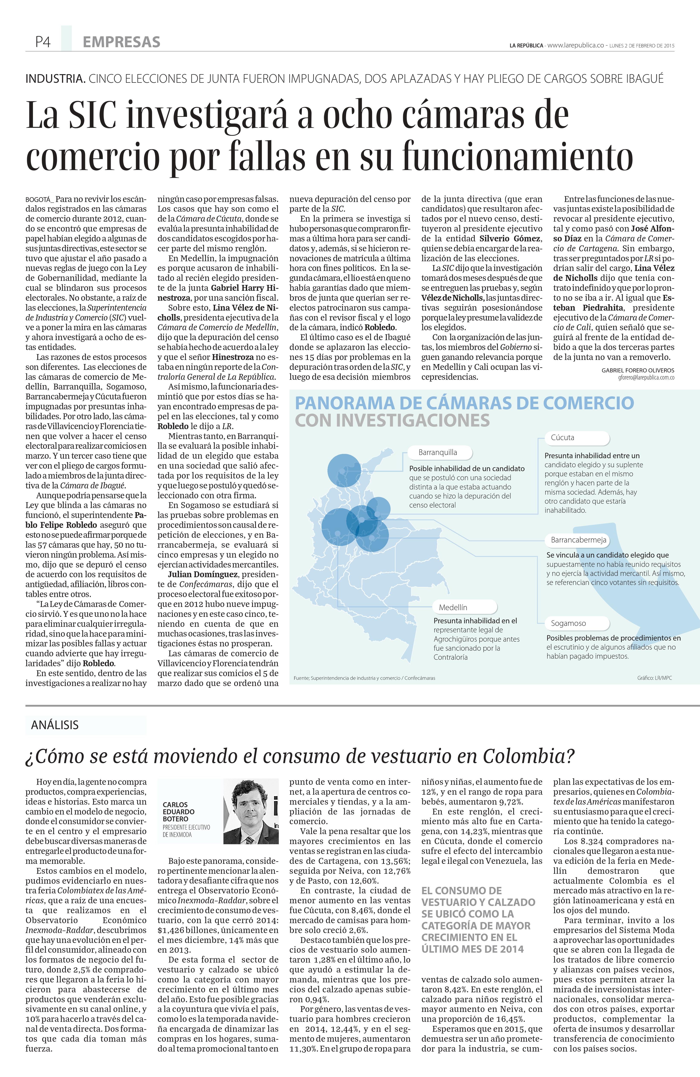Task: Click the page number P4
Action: (x=43, y=42)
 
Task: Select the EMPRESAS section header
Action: (x=121, y=42)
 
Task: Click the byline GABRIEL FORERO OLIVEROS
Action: (x=638, y=370)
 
